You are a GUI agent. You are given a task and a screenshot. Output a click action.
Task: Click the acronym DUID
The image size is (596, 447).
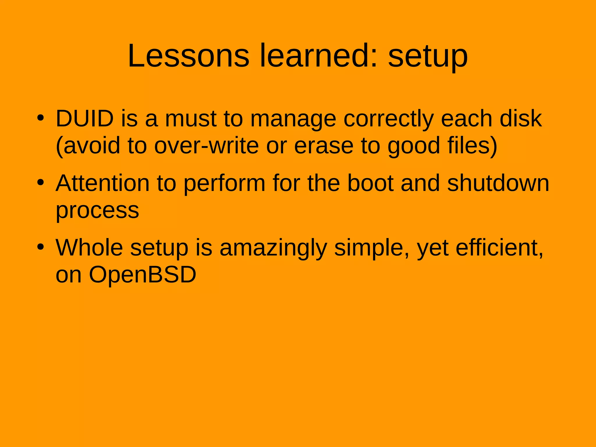point(85,118)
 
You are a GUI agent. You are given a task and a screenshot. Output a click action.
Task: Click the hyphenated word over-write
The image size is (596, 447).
point(206,146)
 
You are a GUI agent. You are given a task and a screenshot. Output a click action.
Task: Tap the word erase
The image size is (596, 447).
point(324,146)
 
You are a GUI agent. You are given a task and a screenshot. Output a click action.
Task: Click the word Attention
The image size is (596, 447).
point(102,183)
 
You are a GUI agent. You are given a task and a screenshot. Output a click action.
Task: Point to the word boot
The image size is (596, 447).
point(370,183)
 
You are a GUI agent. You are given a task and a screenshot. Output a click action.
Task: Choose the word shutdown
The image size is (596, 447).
point(498,183)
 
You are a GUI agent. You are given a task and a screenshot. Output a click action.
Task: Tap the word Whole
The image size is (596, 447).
point(89,248)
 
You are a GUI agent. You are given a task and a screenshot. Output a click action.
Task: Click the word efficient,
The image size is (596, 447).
point(499,248)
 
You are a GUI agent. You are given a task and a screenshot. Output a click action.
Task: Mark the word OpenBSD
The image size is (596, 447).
point(143,274)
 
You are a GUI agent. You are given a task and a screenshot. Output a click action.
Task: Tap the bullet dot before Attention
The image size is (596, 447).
point(40,183)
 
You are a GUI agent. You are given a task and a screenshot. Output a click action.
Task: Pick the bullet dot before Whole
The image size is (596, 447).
point(40,247)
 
